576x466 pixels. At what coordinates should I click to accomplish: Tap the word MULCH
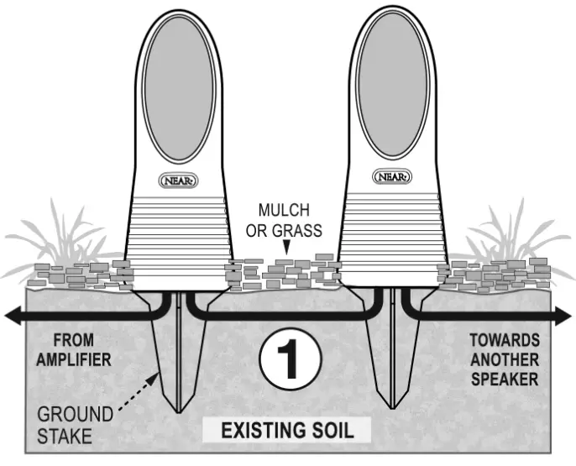tap(284, 210)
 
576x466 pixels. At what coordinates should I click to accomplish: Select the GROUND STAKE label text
tap(75, 424)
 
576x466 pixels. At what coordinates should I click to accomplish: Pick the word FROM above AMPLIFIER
tap(70, 341)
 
